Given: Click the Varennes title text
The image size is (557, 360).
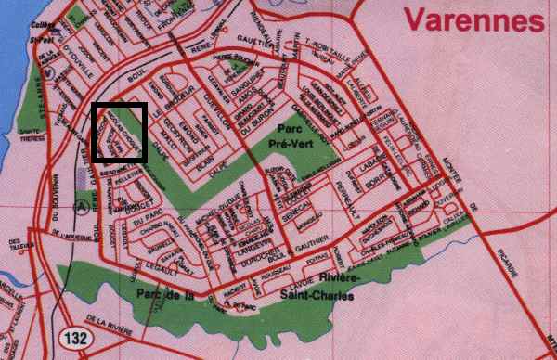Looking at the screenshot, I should [x=473, y=19].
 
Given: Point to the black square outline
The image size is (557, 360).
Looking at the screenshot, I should [x=120, y=134].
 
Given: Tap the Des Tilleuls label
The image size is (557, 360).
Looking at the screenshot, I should [x=16, y=245].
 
